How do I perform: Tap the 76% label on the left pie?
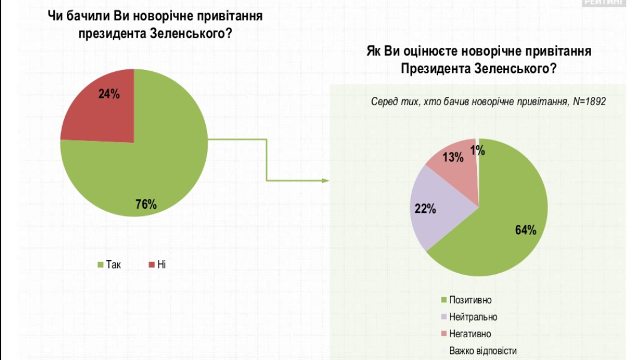pyautogui.click(x=145, y=205)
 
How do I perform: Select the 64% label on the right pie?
pyautogui.click(x=525, y=230)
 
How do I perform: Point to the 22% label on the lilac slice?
pyautogui.click(x=425, y=209)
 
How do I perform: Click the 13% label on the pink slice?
pyautogui.click(x=453, y=158)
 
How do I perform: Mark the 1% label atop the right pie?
pyautogui.click(x=477, y=151)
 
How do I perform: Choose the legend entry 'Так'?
pyautogui.click(x=109, y=264)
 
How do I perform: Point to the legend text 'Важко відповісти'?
pyautogui.click(x=482, y=350)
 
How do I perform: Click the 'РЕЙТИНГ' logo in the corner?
pyautogui.click(x=604, y=2)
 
